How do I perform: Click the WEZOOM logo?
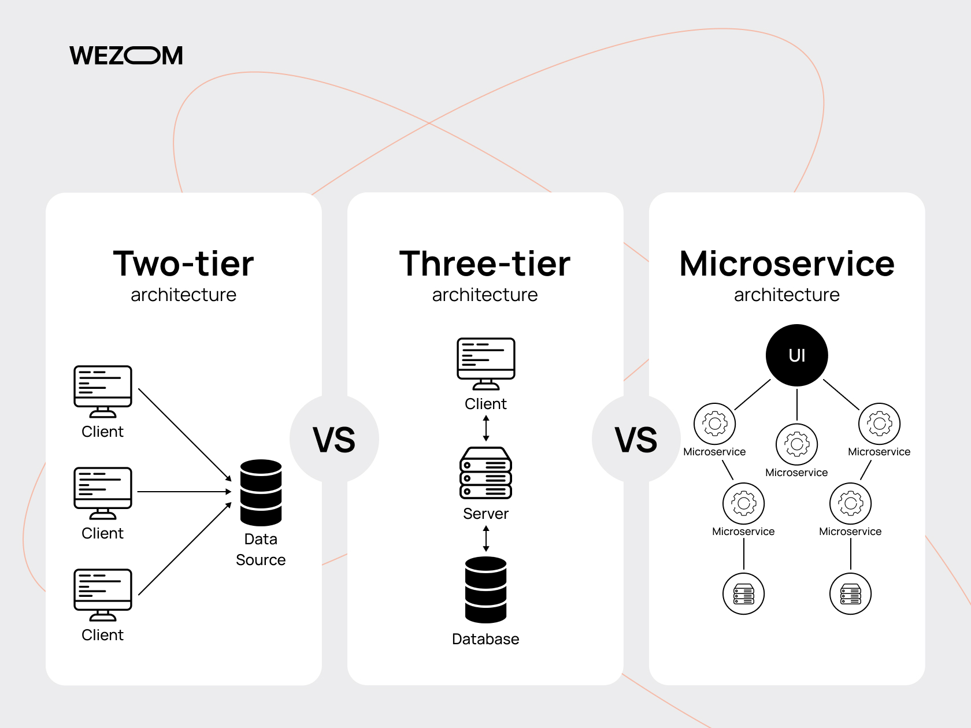pyautogui.click(x=126, y=55)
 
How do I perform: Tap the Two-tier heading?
pyautogui.click(x=184, y=264)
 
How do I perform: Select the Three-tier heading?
pyautogui.click(x=485, y=264)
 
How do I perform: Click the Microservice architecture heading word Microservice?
pyautogui.click(x=787, y=264)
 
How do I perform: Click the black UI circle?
pyautogui.click(x=796, y=355)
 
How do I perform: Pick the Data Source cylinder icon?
pyautogui.click(x=261, y=492)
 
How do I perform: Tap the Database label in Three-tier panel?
pyautogui.click(x=485, y=639)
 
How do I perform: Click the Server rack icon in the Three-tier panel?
pyautogui.click(x=485, y=473)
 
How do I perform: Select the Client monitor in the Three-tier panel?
pyautogui.click(x=485, y=364)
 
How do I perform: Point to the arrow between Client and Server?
pyautogui.click(x=485, y=428)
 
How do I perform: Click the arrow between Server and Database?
pyautogui.click(x=485, y=538)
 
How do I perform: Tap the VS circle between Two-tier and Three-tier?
pyautogui.click(x=335, y=439)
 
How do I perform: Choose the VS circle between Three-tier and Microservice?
pyautogui.click(x=636, y=439)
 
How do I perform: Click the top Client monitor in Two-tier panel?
pyautogui.click(x=103, y=391)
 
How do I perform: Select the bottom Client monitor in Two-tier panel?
pyautogui.click(x=103, y=595)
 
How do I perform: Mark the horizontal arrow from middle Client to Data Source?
pyautogui.click(x=184, y=492)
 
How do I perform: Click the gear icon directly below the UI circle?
pyautogui.click(x=796, y=444)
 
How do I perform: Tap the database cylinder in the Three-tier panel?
pyautogui.click(x=485, y=590)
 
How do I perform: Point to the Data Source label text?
pyautogui.click(x=261, y=549)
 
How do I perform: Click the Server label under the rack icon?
pyautogui.click(x=485, y=514)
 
